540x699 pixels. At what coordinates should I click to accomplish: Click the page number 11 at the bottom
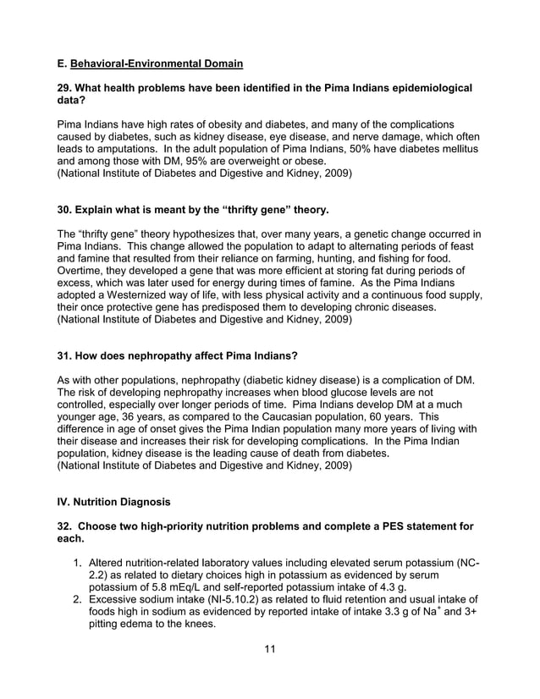(x=270, y=649)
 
